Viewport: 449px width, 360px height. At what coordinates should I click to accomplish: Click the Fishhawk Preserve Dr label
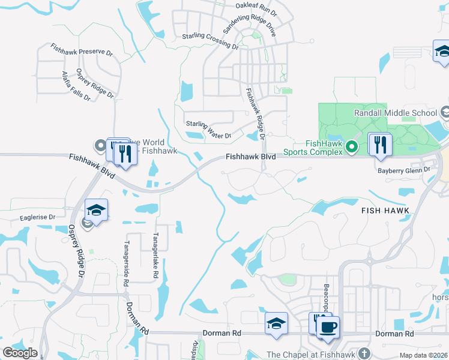coord(82,49)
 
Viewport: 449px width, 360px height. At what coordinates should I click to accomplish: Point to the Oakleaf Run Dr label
coord(256,8)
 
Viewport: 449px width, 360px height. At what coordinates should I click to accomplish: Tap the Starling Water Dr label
coord(208,130)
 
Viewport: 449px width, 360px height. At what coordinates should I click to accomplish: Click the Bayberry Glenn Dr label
coord(404,170)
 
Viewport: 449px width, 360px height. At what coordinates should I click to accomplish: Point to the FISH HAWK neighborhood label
coord(385,211)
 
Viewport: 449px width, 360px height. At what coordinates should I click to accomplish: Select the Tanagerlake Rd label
coord(155,256)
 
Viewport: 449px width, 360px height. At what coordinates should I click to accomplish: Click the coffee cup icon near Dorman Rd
coord(328,328)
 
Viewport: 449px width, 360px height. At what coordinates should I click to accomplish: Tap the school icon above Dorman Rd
coord(276,323)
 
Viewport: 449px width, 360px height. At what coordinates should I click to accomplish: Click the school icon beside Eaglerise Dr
coord(96,210)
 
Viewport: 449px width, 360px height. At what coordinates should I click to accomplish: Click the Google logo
coord(20,353)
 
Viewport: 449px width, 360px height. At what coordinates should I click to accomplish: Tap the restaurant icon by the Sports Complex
coord(381,145)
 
